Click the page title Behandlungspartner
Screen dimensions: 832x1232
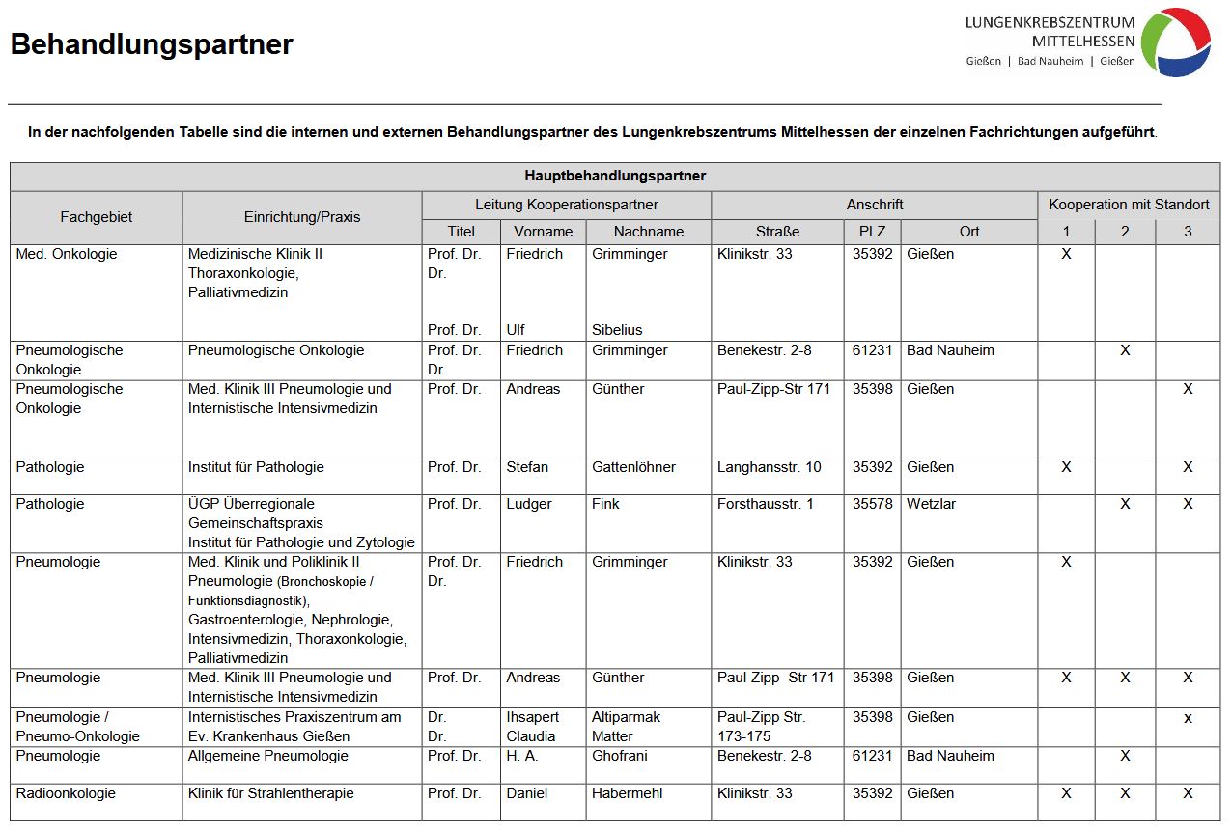(x=152, y=44)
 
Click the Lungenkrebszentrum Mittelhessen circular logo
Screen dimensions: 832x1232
(x=1175, y=42)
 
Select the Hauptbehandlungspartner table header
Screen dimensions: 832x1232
(x=615, y=176)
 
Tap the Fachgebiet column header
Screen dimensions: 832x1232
(x=96, y=217)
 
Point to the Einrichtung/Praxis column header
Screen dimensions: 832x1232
(x=302, y=217)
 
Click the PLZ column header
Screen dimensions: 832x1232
(x=872, y=232)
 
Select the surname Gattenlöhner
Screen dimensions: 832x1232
(x=633, y=467)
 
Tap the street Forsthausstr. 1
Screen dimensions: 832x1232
(x=766, y=504)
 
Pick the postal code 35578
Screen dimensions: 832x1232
(x=872, y=504)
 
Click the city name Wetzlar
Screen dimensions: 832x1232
(x=930, y=504)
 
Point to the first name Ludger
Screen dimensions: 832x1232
(x=529, y=504)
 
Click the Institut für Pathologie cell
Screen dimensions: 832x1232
(x=256, y=467)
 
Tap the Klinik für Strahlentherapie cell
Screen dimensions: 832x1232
(x=270, y=793)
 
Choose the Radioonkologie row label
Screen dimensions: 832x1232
(x=66, y=793)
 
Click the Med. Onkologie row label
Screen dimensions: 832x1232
(x=67, y=254)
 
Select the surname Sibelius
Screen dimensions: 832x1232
(x=617, y=330)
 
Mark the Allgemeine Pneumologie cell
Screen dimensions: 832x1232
(x=267, y=756)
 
